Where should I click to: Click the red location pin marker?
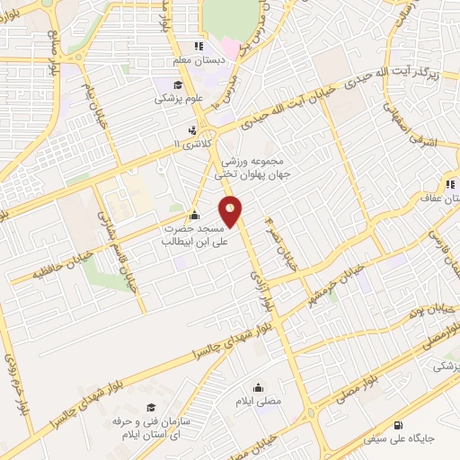click(232, 212)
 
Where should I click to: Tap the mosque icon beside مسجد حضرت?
click(195, 215)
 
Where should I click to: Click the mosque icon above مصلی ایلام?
click(259, 388)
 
